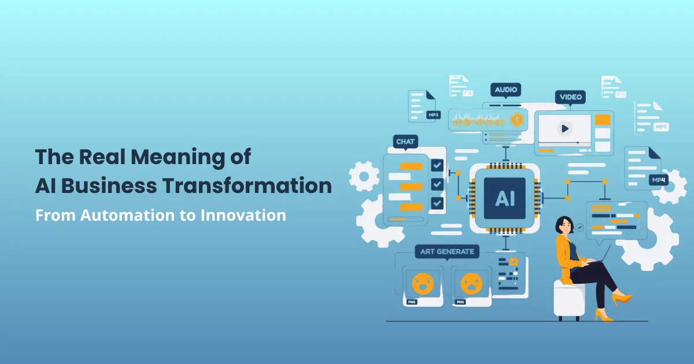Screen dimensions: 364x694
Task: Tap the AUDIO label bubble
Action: pyautogui.click(x=506, y=90)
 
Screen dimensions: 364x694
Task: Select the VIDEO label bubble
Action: pyautogui.click(x=570, y=97)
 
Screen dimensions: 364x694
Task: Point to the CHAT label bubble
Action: pyautogui.click(x=405, y=142)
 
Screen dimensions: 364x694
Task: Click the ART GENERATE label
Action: pyautogui.click(x=448, y=251)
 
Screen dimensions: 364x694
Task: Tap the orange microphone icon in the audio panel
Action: pyautogui.click(x=516, y=120)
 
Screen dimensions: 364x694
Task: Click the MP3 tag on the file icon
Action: pyautogui.click(x=433, y=115)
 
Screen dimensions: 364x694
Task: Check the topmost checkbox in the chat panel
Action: pyautogui.click(x=437, y=166)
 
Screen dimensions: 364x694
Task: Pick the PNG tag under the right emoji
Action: pyautogui.click(x=460, y=302)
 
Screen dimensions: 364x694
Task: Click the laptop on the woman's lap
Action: pyautogui.click(x=596, y=257)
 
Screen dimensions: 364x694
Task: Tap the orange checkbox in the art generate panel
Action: pyautogui.click(x=513, y=262)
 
